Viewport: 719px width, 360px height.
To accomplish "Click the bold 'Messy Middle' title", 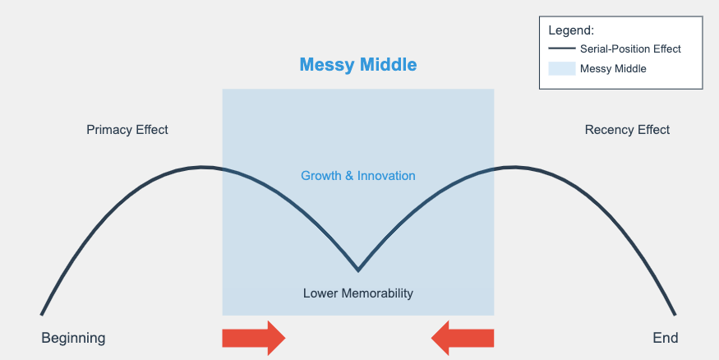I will [357, 64].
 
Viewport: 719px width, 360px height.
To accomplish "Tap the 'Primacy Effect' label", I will [127, 130].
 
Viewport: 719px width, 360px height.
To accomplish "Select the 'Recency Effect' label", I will [627, 130].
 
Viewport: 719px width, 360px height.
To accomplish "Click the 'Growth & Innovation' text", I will [357, 176].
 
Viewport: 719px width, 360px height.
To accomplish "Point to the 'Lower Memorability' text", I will [357, 293].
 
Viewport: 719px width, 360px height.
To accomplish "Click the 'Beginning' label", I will [73, 338].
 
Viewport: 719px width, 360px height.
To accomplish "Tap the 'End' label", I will [666, 338].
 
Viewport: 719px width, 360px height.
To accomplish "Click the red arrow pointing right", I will [253, 338].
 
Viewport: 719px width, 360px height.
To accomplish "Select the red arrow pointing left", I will [463, 338].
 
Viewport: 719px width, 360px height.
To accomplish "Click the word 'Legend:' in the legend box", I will [570, 30].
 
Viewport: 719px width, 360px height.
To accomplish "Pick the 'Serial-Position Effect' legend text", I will [630, 49].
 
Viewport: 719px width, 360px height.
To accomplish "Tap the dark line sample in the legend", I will [561, 49].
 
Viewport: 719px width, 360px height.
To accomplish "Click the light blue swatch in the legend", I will [561, 69].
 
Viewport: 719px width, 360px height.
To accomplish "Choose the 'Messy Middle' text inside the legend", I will [613, 69].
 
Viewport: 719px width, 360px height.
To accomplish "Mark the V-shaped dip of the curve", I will [357, 269].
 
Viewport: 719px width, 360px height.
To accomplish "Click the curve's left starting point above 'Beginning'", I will [42, 313].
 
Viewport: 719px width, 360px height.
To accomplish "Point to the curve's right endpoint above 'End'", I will [675, 313].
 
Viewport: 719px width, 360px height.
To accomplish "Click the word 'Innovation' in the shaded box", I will [387, 176].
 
